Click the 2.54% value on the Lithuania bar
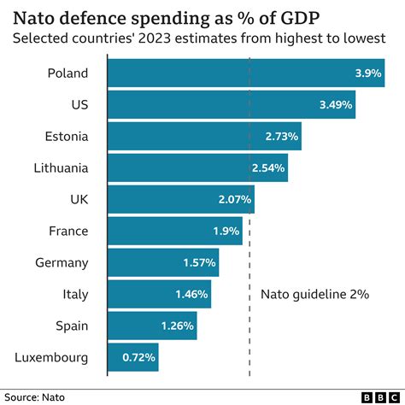[268, 167]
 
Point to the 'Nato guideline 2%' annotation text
[314, 294]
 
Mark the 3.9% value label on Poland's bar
[368, 73]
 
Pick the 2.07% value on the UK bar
[235, 199]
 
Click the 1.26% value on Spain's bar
[178, 326]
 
